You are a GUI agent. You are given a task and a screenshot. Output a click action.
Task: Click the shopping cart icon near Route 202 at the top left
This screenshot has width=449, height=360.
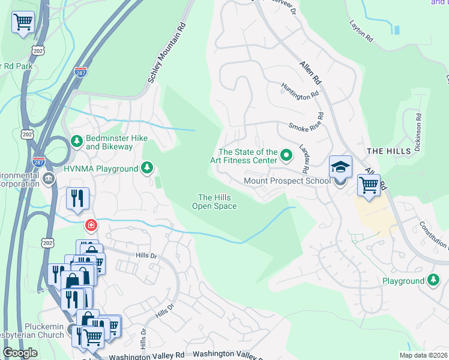[x=23, y=23]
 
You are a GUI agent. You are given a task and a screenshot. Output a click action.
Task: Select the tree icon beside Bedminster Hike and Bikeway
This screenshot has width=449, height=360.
[x=76, y=141]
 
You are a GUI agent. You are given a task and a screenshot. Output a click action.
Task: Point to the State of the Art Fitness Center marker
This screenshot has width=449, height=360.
[x=286, y=156]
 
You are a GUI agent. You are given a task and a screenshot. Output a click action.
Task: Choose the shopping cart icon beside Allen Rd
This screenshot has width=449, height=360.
[x=369, y=185]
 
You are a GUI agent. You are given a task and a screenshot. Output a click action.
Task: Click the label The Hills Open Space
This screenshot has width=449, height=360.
[x=214, y=202]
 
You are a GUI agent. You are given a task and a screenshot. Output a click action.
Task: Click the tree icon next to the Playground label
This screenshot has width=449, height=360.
[x=433, y=280]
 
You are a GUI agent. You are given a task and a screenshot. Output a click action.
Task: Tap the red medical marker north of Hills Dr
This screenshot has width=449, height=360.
[x=91, y=226]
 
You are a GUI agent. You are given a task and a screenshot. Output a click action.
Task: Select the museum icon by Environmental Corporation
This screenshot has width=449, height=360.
[x=48, y=179]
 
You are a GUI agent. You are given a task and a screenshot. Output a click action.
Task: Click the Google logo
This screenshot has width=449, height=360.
[x=20, y=352]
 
